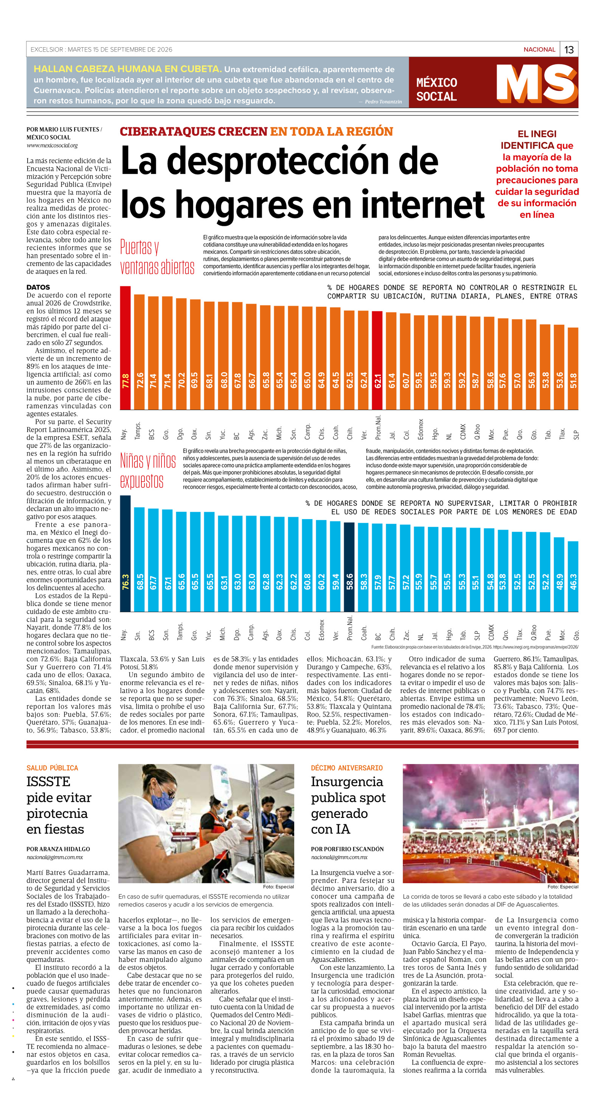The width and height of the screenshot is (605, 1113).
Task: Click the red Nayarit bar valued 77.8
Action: point(125,348)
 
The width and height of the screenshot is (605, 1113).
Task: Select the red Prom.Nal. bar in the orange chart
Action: point(377,360)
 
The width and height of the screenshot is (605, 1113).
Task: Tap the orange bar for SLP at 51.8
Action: point(572,368)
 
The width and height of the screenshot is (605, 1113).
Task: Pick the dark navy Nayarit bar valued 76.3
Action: point(125,553)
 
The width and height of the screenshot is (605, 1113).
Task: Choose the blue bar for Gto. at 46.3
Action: point(572,577)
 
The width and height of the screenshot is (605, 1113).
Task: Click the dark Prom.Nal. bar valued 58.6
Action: point(349,567)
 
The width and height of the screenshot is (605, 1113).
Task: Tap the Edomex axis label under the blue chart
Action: point(321,630)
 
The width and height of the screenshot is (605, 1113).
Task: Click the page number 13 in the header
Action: point(569,50)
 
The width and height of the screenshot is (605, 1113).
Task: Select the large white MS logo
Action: point(537,83)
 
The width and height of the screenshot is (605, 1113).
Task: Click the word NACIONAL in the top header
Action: point(539,50)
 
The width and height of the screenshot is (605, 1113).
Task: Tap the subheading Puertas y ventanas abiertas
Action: point(157,257)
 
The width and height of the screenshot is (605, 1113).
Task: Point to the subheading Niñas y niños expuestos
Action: point(148,471)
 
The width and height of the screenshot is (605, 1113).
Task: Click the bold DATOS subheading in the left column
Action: point(38,287)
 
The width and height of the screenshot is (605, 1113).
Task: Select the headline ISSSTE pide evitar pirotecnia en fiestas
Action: point(59,805)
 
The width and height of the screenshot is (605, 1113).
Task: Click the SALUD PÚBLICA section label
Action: point(52,768)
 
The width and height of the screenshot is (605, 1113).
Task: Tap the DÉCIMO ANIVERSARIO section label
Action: point(347,768)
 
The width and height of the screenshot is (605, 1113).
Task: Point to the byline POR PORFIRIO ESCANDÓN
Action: point(347,849)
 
